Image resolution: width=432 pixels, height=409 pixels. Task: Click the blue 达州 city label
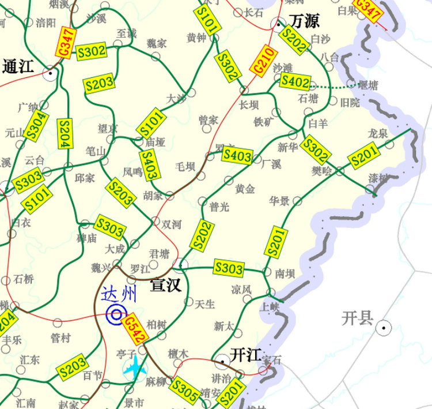[x=120, y=295]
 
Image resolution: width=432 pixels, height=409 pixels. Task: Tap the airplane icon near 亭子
[x=136, y=367]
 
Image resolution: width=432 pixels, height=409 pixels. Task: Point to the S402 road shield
[x=296, y=81]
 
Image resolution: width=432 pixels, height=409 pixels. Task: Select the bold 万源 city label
[x=305, y=21]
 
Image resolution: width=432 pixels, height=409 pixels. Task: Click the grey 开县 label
[x=358, y=317]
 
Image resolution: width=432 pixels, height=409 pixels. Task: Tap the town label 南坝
[x=286, y=272]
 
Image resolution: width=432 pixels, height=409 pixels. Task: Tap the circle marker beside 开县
[x=383, y=328]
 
